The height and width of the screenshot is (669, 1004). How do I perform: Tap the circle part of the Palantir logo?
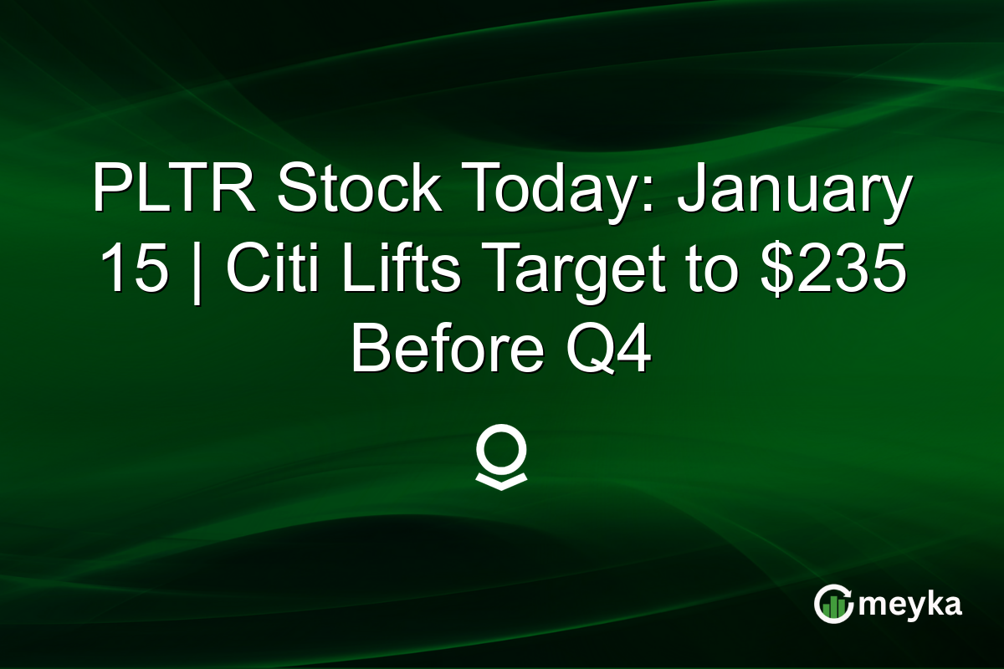point(501,451)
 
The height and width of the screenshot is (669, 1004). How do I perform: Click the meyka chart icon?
point(833,604)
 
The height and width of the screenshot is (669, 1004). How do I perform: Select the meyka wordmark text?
point(910,605)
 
